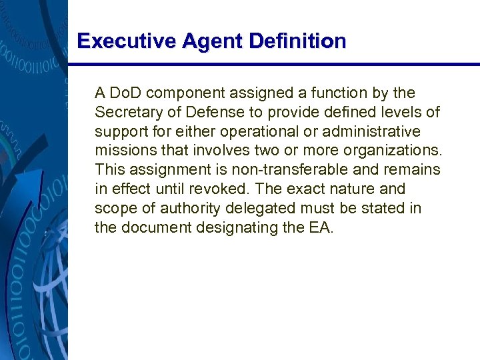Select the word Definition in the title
pyautogui.click(x=298, y=41)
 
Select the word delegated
pyautogui.click(x=255, y=209)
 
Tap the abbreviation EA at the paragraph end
pyautogui.click(x=321, y=228)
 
